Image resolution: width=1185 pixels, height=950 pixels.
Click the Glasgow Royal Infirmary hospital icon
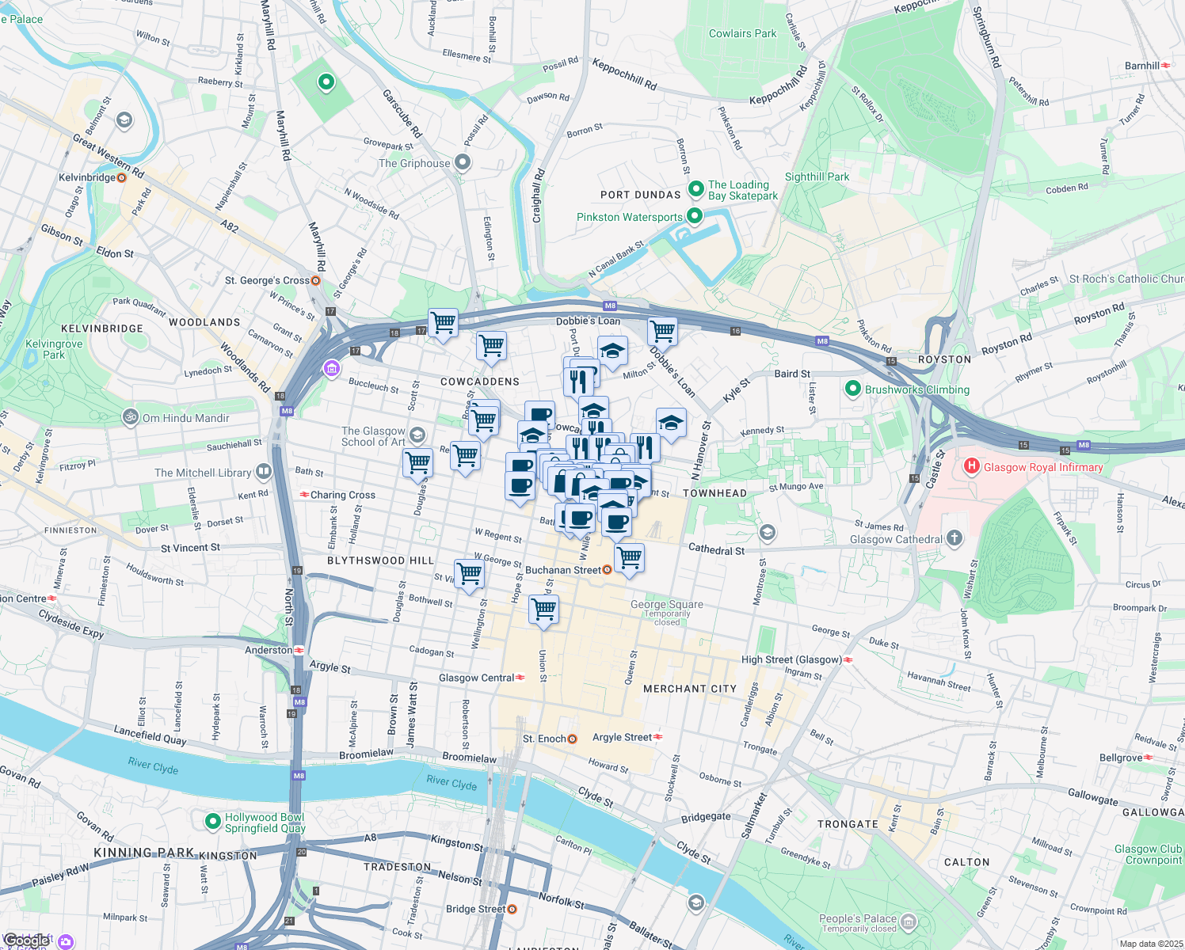point(971,466)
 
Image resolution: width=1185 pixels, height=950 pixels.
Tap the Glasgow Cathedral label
point(896,539)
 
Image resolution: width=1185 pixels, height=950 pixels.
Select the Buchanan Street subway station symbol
point(608,569)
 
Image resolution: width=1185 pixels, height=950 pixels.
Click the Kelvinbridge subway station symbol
point(122,177)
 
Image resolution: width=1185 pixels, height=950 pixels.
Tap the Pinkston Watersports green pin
point(695,216)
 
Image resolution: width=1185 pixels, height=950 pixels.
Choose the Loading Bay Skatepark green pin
point(696,189)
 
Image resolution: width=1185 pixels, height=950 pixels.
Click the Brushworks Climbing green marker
point(853,389)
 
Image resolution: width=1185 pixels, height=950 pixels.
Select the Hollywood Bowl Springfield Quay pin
point(212,822)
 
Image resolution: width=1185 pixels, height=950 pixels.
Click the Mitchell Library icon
point(264,473)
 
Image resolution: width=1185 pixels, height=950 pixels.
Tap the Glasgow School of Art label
point(373,436)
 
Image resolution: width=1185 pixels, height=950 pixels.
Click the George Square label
point(666,604)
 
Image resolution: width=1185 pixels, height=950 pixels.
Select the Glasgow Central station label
point(476,678)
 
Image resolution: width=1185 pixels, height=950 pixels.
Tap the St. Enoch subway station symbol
point(572,739)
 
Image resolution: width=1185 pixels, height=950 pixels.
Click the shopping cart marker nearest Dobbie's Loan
point(662,331)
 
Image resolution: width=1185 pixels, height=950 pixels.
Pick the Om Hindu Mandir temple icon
point(131,417)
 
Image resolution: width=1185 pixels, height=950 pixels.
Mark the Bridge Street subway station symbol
point(512,909)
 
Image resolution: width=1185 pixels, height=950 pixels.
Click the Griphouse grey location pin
point(463,162)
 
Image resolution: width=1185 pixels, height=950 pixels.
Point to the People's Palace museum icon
point(909,921)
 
